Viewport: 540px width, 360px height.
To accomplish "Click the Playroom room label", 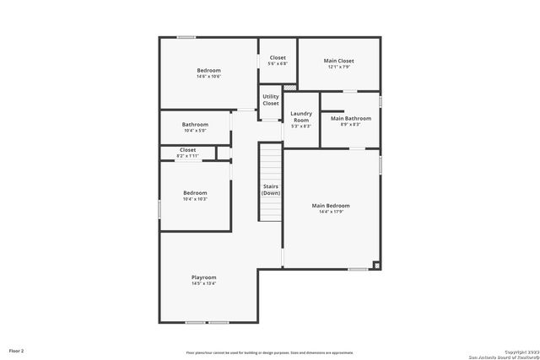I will tap(203, 277).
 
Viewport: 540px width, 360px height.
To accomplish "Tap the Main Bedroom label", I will tap(331, 206).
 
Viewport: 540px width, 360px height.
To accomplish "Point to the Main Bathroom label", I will tap(350, 119).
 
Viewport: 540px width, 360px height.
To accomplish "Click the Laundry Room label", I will tap(301, 117).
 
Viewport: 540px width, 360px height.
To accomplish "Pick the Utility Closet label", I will tap(270, 99).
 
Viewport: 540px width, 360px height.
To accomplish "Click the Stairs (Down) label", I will tap(270, 190).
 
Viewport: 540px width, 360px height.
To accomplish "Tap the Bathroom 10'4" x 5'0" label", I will tap(195, 125).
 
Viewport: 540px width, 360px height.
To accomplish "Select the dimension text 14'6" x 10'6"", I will tap(208, 77).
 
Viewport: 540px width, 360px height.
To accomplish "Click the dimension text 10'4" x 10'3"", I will tap(195, 199).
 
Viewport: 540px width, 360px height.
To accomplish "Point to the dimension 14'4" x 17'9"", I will tap(331, 212).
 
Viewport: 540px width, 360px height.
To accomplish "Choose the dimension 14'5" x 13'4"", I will tap(203, 283).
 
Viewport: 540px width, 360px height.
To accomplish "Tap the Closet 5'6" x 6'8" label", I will tap(278, 58).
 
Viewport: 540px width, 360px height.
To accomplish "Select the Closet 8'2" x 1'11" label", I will tap(187, 150).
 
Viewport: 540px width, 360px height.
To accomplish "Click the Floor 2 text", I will tap(17, 350).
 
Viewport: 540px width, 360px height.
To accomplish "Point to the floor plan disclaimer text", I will tap(270, 352).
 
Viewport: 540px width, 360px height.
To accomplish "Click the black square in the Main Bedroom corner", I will tap(376, 266).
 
